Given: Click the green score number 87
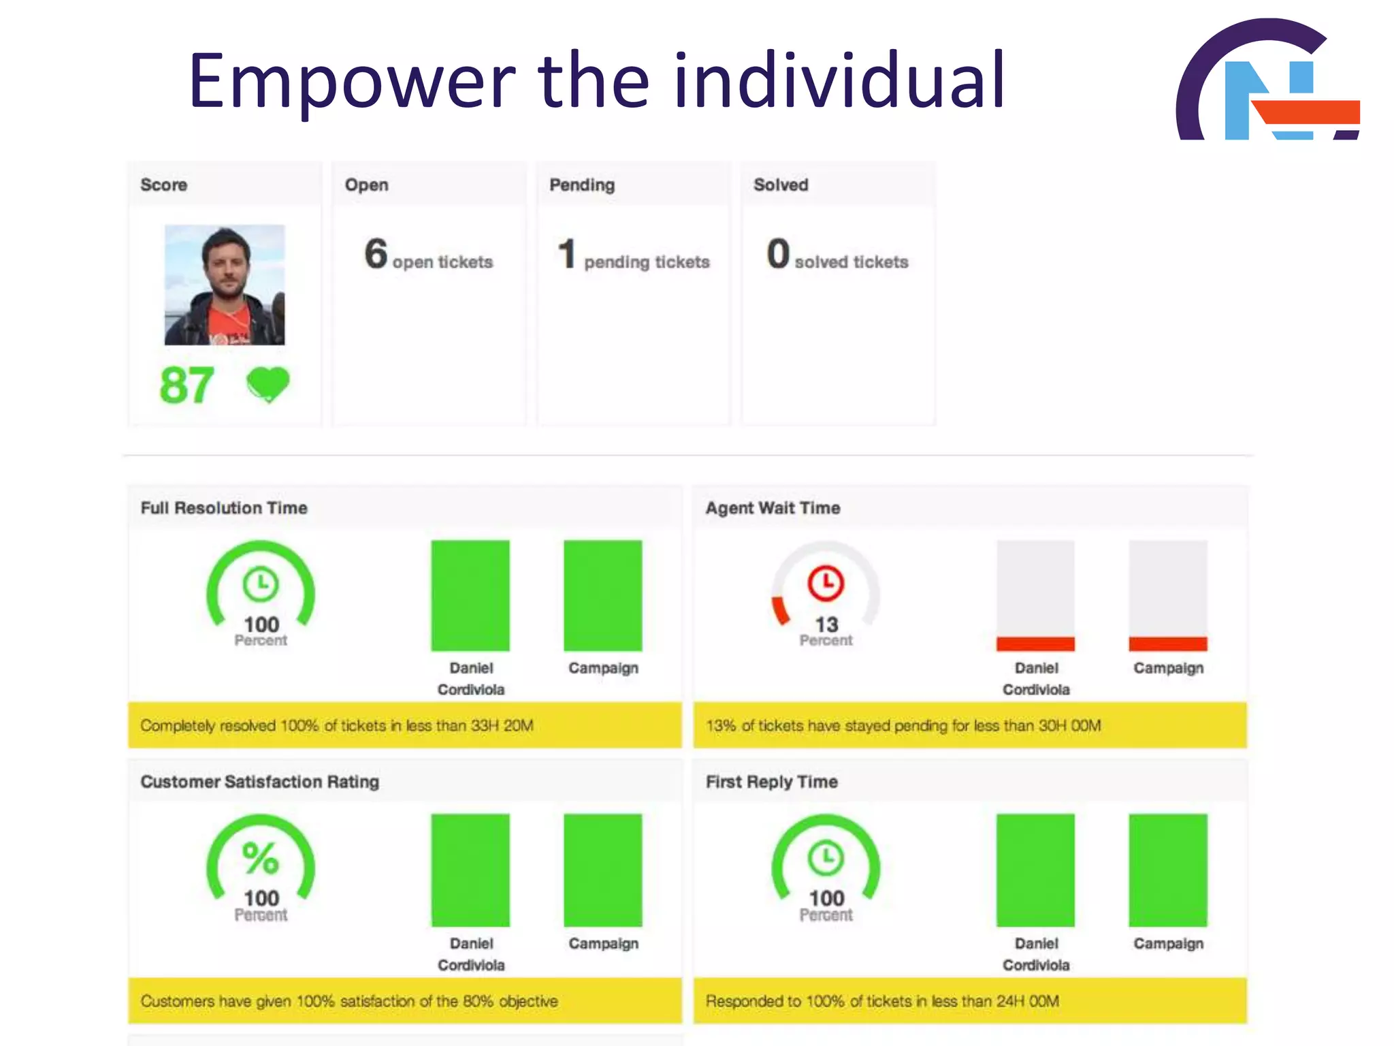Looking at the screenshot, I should pyautogui.click(x=187, y=385).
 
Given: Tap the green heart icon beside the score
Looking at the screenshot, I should pyautogui.click(x=268, y=384).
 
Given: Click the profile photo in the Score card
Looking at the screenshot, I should pyautogui.click(x=225, y=285).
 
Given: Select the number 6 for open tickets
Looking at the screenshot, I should pyautogui.click(x=376, y=254).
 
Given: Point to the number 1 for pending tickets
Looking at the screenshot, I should pyautogui.click(x=567, y=254).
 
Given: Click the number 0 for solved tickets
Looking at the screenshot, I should pyautogui.click(x=778, y=254).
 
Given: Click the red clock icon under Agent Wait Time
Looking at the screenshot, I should pyautogui.click(x=826, y=583).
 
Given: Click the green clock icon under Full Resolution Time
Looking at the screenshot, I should pyautogui.click(x=261, y=584).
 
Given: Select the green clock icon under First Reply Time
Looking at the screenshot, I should pyautogui.click(x=826, y=858).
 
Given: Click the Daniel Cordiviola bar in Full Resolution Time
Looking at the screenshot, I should pyautogui.click(x=470, y=595).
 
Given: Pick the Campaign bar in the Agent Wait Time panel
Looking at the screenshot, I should pyautogui.click(x=1168, y=595).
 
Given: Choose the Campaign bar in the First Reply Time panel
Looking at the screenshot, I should pyautogui.click(x=1168, y=870).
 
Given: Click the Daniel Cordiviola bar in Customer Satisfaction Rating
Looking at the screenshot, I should pyautogui.click(x=470, y=870).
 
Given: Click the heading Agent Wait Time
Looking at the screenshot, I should pyautogui.click(x=773, y=508).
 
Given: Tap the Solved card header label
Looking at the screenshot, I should pyautogui.click(x=781, y=185).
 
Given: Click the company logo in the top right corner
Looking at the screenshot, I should pyautogui.click(x=1267, y=80).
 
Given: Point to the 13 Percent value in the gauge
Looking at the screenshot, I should pyautogui.click(x=826, y=630).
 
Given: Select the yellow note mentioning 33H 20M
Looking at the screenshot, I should pyautogui.click(x=405, y=725).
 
